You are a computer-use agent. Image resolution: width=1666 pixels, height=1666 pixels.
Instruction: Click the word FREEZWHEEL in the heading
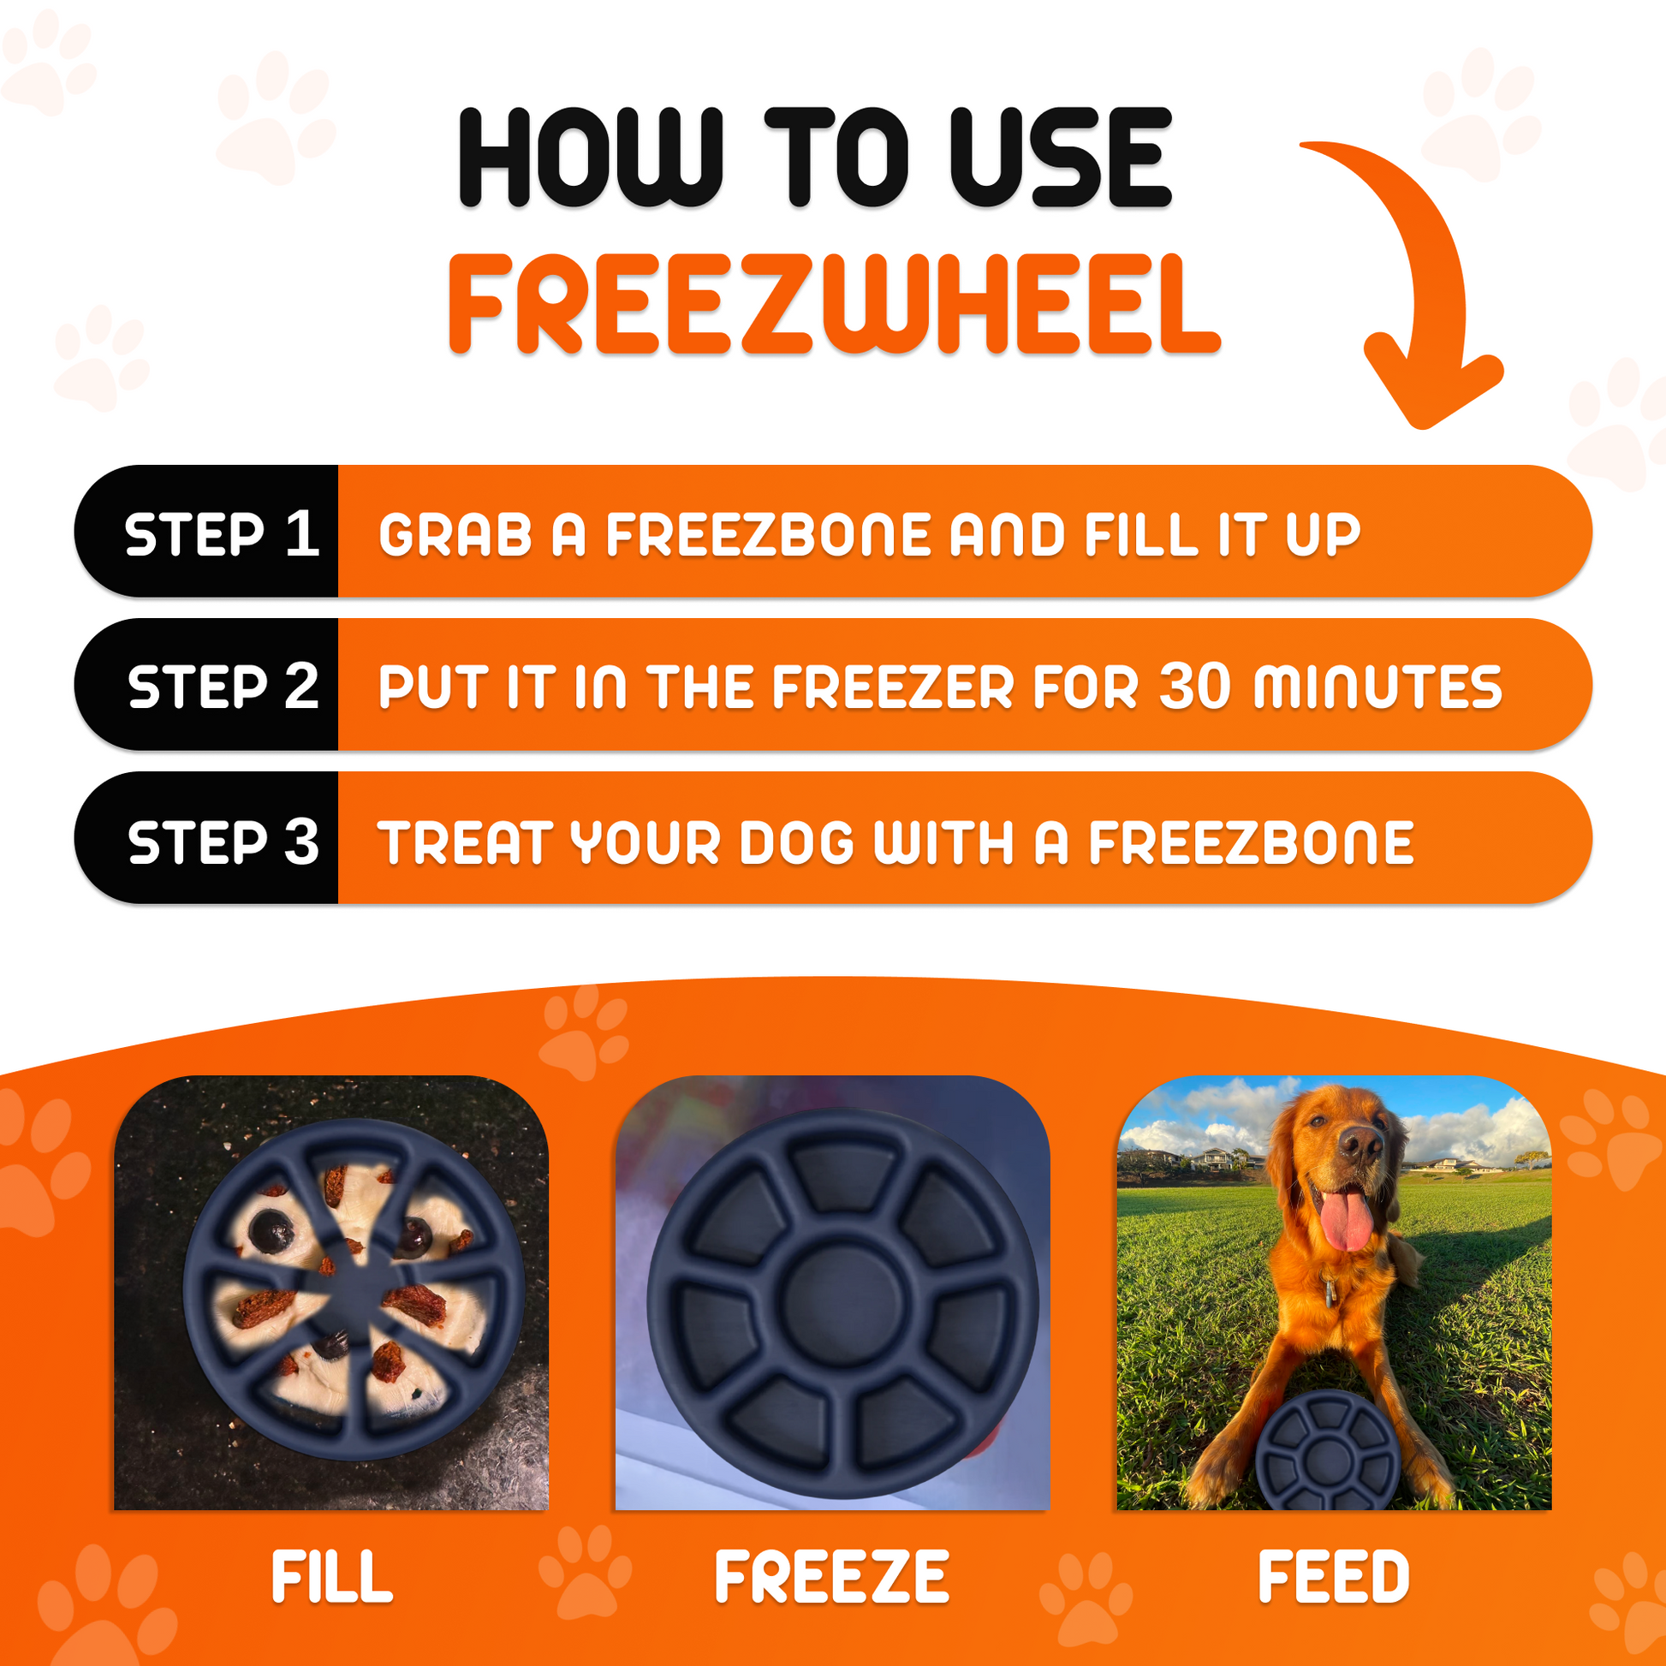[x=833, y=304]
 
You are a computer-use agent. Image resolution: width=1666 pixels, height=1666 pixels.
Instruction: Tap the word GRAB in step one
[x=455, y=534]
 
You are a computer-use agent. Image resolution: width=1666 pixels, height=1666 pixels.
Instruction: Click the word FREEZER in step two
[x=891, y=688]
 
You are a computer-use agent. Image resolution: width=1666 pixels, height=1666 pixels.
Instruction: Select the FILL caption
[x=331, y=1576]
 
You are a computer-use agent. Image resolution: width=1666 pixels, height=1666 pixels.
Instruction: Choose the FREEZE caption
[x=832, y=1576]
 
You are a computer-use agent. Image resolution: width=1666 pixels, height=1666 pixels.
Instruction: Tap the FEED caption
[x=1333, y=1576]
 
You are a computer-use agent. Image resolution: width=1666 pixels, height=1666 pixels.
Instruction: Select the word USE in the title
[x=1060, y=157]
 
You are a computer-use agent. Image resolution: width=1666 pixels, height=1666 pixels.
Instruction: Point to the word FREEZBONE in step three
[x=1252, y=842]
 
